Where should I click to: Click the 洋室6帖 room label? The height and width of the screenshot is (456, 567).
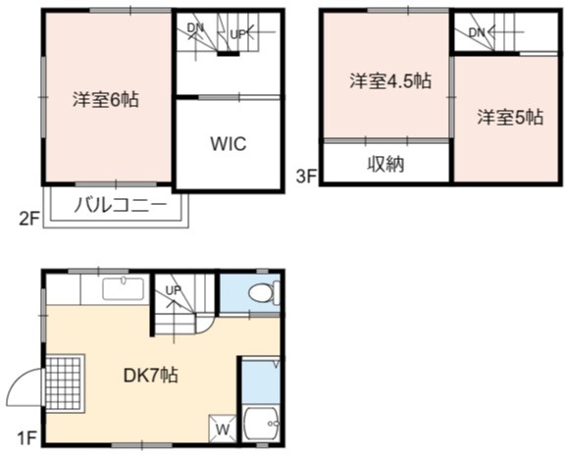coord(106,99)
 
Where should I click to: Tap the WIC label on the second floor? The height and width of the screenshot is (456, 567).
coord(229,143)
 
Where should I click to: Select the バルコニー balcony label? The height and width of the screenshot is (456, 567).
coord(120,205)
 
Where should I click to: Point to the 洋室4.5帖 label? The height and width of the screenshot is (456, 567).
coord(390,81)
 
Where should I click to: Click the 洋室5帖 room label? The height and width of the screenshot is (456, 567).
coord(510,117)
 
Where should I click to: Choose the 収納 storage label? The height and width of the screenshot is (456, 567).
coord(386,164)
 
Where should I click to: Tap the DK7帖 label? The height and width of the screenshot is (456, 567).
coord(150,375)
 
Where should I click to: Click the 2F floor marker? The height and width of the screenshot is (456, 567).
coord(29,219)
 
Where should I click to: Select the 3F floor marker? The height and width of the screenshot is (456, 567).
coord(307,177)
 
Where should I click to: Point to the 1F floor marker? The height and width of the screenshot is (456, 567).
coord(27,438)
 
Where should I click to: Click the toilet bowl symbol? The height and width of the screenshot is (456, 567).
coord(264,292)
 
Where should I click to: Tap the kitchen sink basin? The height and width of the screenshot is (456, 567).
coord(124,289)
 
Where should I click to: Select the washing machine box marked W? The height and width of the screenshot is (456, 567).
coord(223,429)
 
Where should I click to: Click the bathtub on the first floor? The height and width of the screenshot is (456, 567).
coord(261,424)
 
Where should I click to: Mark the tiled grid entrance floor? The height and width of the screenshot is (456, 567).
coord(65,383)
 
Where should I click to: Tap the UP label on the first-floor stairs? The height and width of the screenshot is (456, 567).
coord(174,289)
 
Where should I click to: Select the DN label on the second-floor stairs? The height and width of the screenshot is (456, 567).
coord(195,27)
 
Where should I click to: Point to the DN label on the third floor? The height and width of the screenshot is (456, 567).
coord(477,33)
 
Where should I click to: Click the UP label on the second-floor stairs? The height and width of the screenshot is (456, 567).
coord(238,34)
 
